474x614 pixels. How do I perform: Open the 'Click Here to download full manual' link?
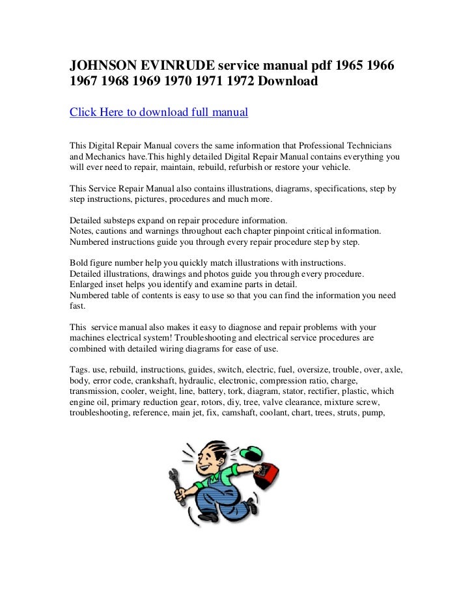159,113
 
